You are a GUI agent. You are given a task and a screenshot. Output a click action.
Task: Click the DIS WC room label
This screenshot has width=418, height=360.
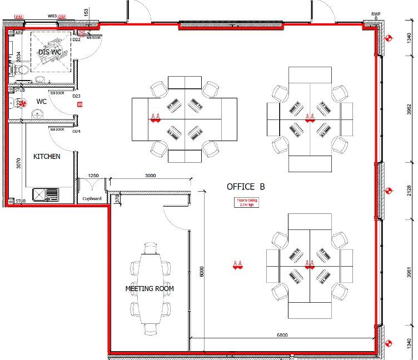pyautogui.click(x=49, y=52)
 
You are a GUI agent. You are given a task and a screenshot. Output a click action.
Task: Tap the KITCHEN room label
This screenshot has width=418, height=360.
pyautogui.click(x=47, y=157)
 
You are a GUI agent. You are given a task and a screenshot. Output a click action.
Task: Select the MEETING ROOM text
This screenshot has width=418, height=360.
pyautogui.click(x=150, y=288)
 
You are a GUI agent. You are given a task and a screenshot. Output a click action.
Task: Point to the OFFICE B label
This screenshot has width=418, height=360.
pyautogui.click(x=246, y=187)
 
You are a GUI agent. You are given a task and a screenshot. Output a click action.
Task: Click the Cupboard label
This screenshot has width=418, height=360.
pyautogui.click(x=92, y=198)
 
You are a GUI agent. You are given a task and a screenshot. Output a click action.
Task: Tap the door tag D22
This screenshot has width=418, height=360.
pyautogui.click(x=77, y=39)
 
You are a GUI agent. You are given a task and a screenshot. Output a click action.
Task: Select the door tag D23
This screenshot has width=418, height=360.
pyautogui.click(x=77, y=96)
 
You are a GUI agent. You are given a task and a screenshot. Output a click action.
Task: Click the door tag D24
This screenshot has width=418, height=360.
pyautogui.click(x=77, y=132)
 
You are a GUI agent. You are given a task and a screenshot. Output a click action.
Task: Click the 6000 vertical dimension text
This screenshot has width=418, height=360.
pyautogui.click(x=202, y=271)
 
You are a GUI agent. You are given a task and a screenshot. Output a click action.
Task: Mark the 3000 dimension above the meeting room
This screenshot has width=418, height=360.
pyautogui.click(x=150, y=176)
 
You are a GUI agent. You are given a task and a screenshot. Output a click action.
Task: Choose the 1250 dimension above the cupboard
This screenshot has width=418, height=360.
pyautogui.click(x=93, y=176)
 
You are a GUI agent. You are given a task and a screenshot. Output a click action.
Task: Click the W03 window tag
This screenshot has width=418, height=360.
pyautogui.click(x=52, y=17)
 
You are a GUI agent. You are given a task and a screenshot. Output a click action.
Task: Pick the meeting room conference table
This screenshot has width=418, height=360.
pyautogui.click(x=150, y=289)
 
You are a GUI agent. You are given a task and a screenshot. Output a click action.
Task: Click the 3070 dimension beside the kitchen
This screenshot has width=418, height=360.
pyautogui.click(x=18, y=163)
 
